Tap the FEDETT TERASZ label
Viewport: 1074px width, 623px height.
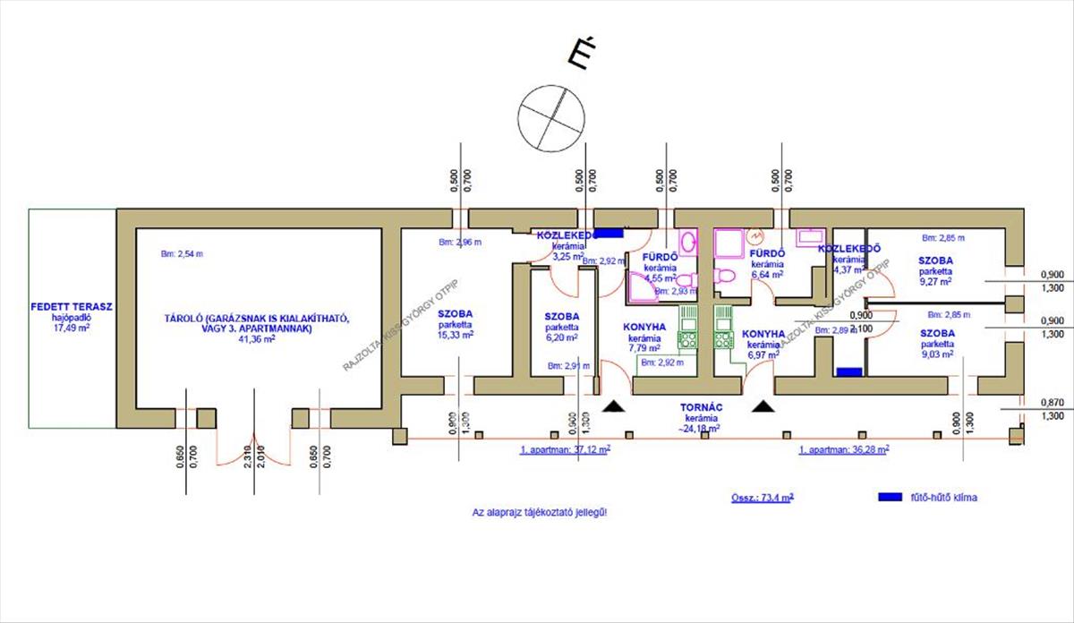pos(71,306)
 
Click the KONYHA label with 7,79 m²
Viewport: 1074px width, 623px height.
pos(644,327)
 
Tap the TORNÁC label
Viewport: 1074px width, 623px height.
pos(703,407)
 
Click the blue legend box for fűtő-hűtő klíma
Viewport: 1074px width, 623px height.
pos(892,496)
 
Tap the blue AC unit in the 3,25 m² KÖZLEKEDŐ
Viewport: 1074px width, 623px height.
pos(609,233)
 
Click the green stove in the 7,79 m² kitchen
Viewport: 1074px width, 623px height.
pos(688,340)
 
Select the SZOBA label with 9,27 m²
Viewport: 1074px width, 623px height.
pos(936,260)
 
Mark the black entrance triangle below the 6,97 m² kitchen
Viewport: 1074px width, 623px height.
pos(763,407)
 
